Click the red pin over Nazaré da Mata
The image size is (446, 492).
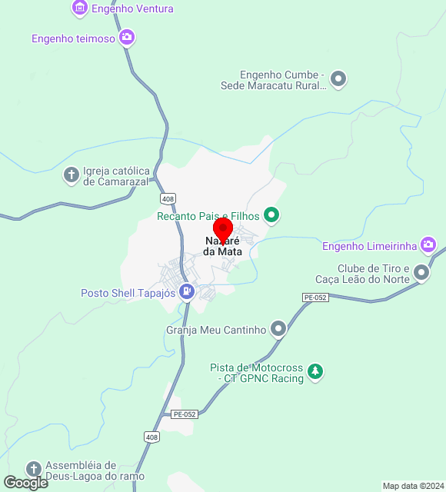[223, 230]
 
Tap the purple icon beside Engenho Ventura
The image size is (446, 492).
[79, 8]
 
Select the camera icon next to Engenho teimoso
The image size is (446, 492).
[127, 38]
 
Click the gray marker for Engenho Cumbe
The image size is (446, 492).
[338, 79]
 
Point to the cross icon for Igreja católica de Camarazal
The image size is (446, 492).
[71, 175]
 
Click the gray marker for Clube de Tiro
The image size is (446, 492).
[421, 272]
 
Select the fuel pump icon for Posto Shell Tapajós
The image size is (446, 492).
[186, 292]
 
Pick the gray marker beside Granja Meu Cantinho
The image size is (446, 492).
[278, 330]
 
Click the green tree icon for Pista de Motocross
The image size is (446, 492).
[315, 372]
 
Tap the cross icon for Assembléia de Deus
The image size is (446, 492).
[33, 469]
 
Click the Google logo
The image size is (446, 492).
[25, 482]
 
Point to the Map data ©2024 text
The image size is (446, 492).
[413, 486]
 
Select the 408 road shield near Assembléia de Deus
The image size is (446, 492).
[151, 437]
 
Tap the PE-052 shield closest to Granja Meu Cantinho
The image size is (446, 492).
[315, 297]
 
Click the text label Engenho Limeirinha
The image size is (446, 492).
[369, 246]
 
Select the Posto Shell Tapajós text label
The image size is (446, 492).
[128, 292]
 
